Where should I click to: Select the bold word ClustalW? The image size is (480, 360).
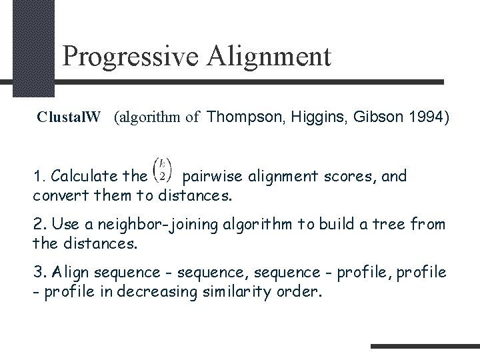pos(69,118)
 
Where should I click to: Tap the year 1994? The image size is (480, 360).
pos(425,118)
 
